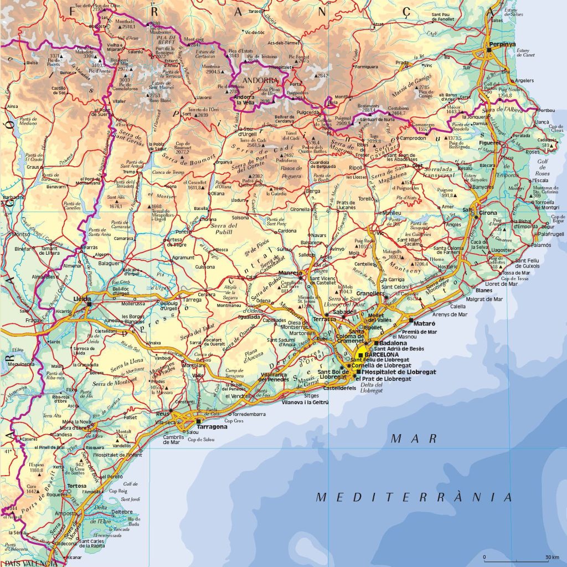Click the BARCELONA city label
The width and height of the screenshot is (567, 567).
(382, 354)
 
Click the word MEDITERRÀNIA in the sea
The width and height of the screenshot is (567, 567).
(414, 497)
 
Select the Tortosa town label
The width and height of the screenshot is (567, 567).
(61, 486)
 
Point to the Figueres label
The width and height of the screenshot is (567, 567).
(489, 143)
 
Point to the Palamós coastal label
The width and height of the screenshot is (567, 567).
(541, 244)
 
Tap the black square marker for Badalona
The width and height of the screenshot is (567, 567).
(376, 343)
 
